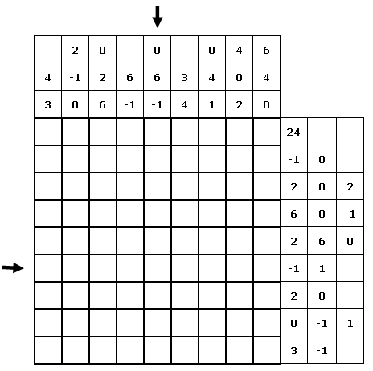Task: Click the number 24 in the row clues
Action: coord(293,132)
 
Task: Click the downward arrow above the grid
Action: coord(158,17)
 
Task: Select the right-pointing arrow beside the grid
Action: coord(13,267)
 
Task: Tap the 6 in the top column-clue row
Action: coord(266,50)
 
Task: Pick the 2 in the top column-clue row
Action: coord(75,50)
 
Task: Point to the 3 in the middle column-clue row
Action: coord(184,78)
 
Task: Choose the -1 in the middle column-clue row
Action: coord(75,78)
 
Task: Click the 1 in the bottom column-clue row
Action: coord(211,105)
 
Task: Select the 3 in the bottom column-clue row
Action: coord(47,105)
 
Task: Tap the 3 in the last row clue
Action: coord(293,350)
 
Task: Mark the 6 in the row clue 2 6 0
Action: coord(322,242)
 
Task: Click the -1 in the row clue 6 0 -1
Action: coord(350,214)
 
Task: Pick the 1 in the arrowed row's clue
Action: coord(322,268)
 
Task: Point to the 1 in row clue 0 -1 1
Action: coord(350,324)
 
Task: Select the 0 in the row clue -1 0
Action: coord(322,160)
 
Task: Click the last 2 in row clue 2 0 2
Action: coord(350,187)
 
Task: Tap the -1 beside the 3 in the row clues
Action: coord(322,350)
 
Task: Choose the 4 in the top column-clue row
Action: coord(239,50)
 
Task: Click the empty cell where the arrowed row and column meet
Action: coord(158,268)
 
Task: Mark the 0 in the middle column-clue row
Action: coord(239,78)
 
